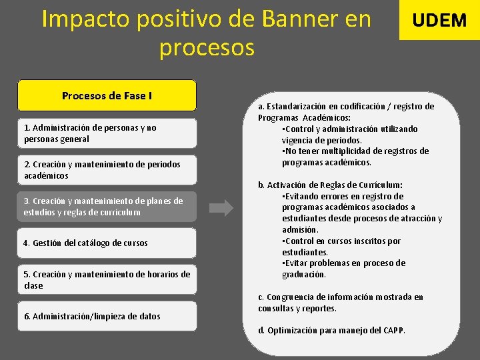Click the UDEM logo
click(x=439, y=20)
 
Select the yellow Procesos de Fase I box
click(x=107, y=95)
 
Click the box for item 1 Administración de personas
click(x=107, y=133)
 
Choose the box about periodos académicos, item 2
click(x=107, y=170)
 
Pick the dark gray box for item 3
click(x=107, y=207)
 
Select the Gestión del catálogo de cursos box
click(x=107, y=243)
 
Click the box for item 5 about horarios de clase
click(x=107, y=280)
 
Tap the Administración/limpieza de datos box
click(x=107, y=316)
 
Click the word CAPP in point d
click(x=392, y=331)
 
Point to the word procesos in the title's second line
click(x=207, y=47)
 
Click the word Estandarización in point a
click(x=300, y=107)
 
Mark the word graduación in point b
click(x=304, y=275)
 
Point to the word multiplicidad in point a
click(x=351, y=151)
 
